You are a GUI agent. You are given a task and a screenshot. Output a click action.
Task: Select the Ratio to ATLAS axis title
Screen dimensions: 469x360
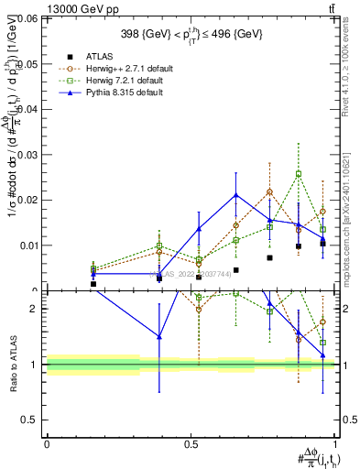pyautogui.click(x=13, y=365)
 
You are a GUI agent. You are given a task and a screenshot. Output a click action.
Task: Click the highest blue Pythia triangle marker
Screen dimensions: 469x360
pyautogui.click(x=236, y=194)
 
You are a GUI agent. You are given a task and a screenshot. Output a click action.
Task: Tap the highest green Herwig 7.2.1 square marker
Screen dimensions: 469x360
pyautogui.click(x=299, y=174)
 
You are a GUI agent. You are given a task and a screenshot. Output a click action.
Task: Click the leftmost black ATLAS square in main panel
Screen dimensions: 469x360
pyautogui.click(x=93, y=284)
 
